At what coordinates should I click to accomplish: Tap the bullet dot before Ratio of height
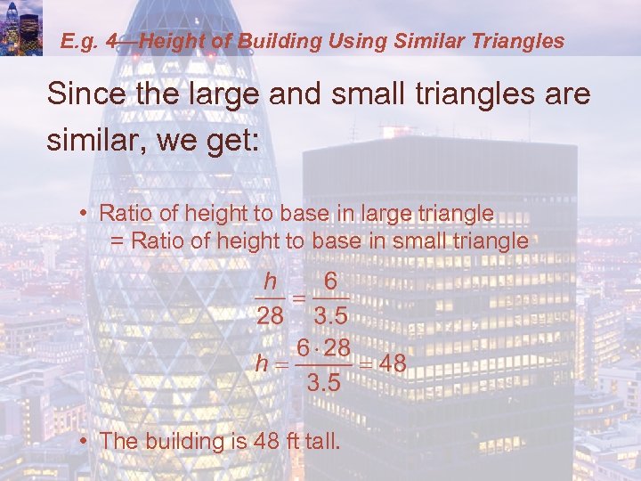click(82, 214)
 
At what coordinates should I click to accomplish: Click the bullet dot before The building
click(82, 441)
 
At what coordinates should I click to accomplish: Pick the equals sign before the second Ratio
click(117, 241)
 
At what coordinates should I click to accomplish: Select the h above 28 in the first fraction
click(270, 281)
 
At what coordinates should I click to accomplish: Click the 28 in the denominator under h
click(270, 316)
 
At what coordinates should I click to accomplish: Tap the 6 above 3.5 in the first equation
click(330, 281)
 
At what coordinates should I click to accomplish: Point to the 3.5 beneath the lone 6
click(330, 316)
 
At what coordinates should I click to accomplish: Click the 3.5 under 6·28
click(322, 385)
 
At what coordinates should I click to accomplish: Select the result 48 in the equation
click(393, 363)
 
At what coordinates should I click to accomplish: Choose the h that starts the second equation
click(261, 363)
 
